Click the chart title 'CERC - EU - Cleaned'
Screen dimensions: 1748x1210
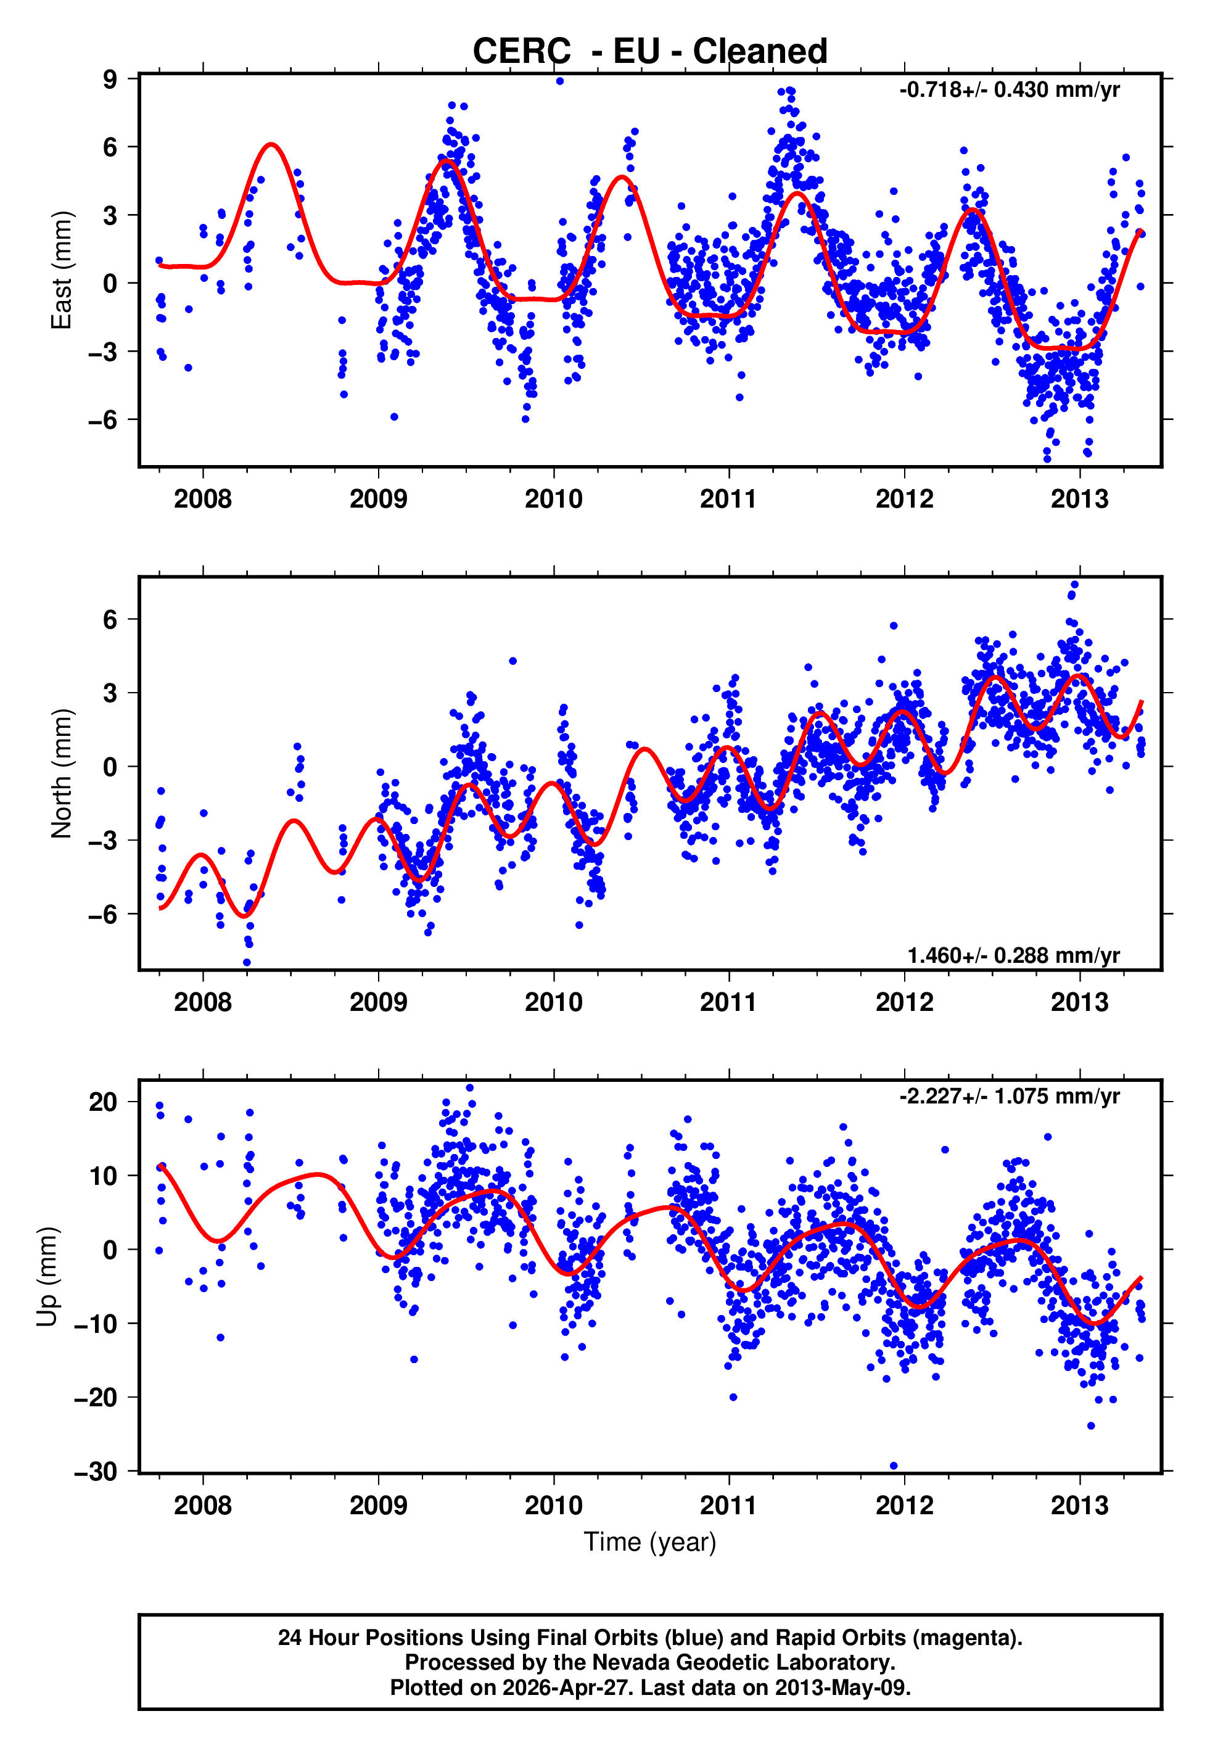pyautogui.click(x=650, y=52)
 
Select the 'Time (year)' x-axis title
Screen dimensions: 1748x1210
pyautogui.click(x=650, y=1542)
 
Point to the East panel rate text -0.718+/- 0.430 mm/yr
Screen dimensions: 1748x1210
pyautogui.click(x=1009, y=90)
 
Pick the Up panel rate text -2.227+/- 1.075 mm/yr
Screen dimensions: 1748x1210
pyautogui.click(x=1009, y=1096)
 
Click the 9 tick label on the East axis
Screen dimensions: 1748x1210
pyautogui.click(x=110, y=79)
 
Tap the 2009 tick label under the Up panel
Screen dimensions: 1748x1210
pyautogui.click(x=378, y=1506)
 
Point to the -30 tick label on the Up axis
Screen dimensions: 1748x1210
pyautogui.click(x=96, y=1471)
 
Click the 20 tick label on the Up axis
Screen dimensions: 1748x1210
pyautogui.click(x=103, y=1102)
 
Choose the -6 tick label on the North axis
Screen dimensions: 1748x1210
pyautogui.click(x=103, y=914)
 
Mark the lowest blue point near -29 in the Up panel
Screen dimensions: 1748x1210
pyautogui.click(x=893, y=1466)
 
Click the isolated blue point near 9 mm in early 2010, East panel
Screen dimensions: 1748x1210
pyautogui.click(x=559, y=81)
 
